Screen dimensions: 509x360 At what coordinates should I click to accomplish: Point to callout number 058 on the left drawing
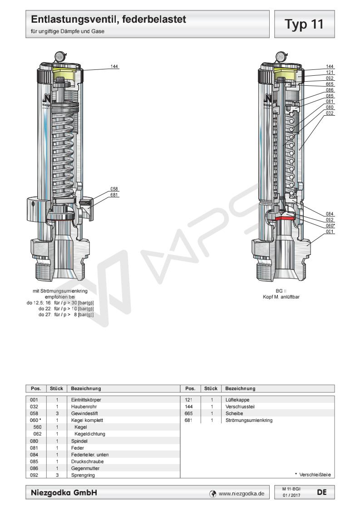[115, 188]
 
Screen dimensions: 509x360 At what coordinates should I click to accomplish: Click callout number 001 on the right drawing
[330, 231]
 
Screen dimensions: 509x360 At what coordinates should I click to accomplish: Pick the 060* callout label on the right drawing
[330, 225]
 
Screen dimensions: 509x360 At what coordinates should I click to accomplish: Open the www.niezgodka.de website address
[241, 493]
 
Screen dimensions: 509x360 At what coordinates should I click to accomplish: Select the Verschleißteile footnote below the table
[314, 475]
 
